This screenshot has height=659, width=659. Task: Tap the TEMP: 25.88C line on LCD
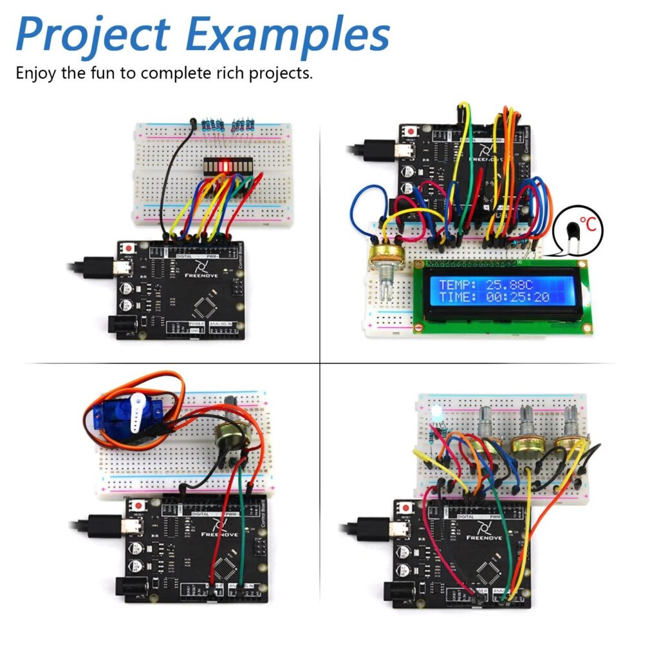click(494, 284)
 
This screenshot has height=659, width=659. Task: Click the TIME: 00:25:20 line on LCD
click(494, 297)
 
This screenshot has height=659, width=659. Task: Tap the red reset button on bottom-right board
click(406, 508)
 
